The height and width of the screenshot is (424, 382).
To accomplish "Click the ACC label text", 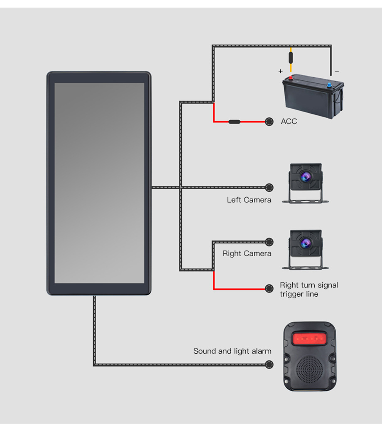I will point(289,121).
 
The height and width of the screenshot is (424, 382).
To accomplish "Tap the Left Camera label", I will point(249,200).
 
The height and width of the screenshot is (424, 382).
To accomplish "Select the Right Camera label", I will point(247,253).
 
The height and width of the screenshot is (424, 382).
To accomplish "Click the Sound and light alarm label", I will point(232,351).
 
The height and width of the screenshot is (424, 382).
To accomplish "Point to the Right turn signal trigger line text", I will point(309,290).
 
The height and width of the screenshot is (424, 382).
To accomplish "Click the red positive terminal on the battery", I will point(292,77).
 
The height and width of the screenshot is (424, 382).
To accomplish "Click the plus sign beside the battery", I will point(281,72).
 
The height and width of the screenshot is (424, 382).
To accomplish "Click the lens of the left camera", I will point(306,177).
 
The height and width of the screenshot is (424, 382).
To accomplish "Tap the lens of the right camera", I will point(306,242).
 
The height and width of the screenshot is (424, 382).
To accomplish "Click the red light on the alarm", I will point(308,339).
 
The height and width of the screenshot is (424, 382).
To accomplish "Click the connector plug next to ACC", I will point(269,121).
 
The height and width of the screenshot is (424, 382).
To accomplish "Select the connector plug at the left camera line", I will point(269,187).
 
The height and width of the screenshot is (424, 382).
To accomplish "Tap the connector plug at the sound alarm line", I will point(269,365).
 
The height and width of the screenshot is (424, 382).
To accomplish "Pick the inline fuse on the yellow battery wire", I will point(291,56).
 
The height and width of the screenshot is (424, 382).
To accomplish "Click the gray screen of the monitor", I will point(99,183).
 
